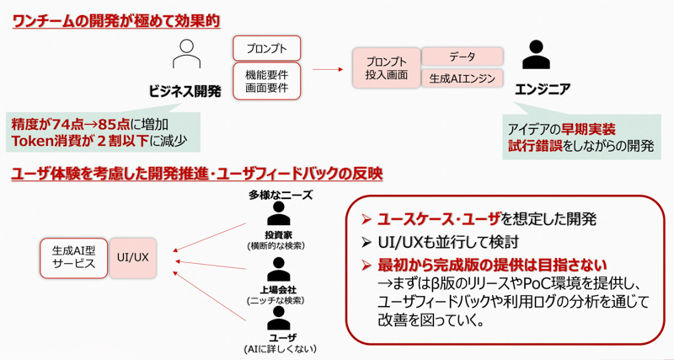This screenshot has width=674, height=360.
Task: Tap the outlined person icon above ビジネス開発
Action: pos(185,56)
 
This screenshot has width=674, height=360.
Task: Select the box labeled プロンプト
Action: pos(266,48)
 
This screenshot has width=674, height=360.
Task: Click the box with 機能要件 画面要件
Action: pos(266,80)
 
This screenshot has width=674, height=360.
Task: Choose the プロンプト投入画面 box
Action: pos(386,68)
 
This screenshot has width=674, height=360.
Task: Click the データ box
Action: pos(462,56)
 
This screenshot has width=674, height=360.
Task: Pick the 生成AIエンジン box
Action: pos(462,78)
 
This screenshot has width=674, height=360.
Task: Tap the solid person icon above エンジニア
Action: pos(535,56)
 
